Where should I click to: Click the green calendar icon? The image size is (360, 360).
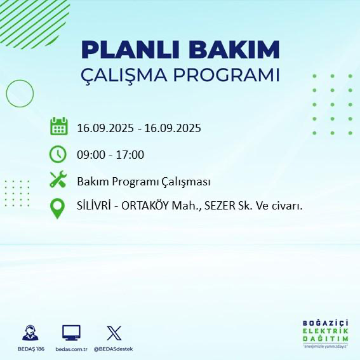58,127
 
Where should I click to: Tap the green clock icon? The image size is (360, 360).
58,154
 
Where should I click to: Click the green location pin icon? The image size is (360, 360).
58,208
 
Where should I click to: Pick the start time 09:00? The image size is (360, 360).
91,154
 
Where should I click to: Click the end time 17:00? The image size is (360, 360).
131,154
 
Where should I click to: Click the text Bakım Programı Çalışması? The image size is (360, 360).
143,181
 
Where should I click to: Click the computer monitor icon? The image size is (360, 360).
71,332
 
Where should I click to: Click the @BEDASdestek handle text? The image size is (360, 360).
114,349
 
